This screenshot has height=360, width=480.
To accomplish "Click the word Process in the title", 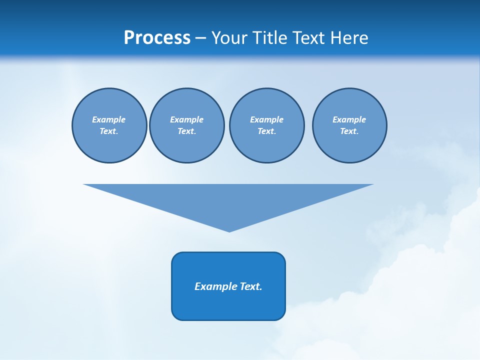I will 157,38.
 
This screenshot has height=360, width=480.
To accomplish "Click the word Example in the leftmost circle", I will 109,119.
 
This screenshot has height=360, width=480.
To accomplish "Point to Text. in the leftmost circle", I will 109,131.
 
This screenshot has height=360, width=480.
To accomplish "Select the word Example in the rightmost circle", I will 349,119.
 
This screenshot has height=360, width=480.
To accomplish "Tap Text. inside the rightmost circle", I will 349,131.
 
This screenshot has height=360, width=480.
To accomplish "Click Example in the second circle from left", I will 186,119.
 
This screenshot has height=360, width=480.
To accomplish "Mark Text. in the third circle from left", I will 266,131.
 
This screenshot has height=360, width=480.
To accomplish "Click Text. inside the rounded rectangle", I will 251,286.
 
